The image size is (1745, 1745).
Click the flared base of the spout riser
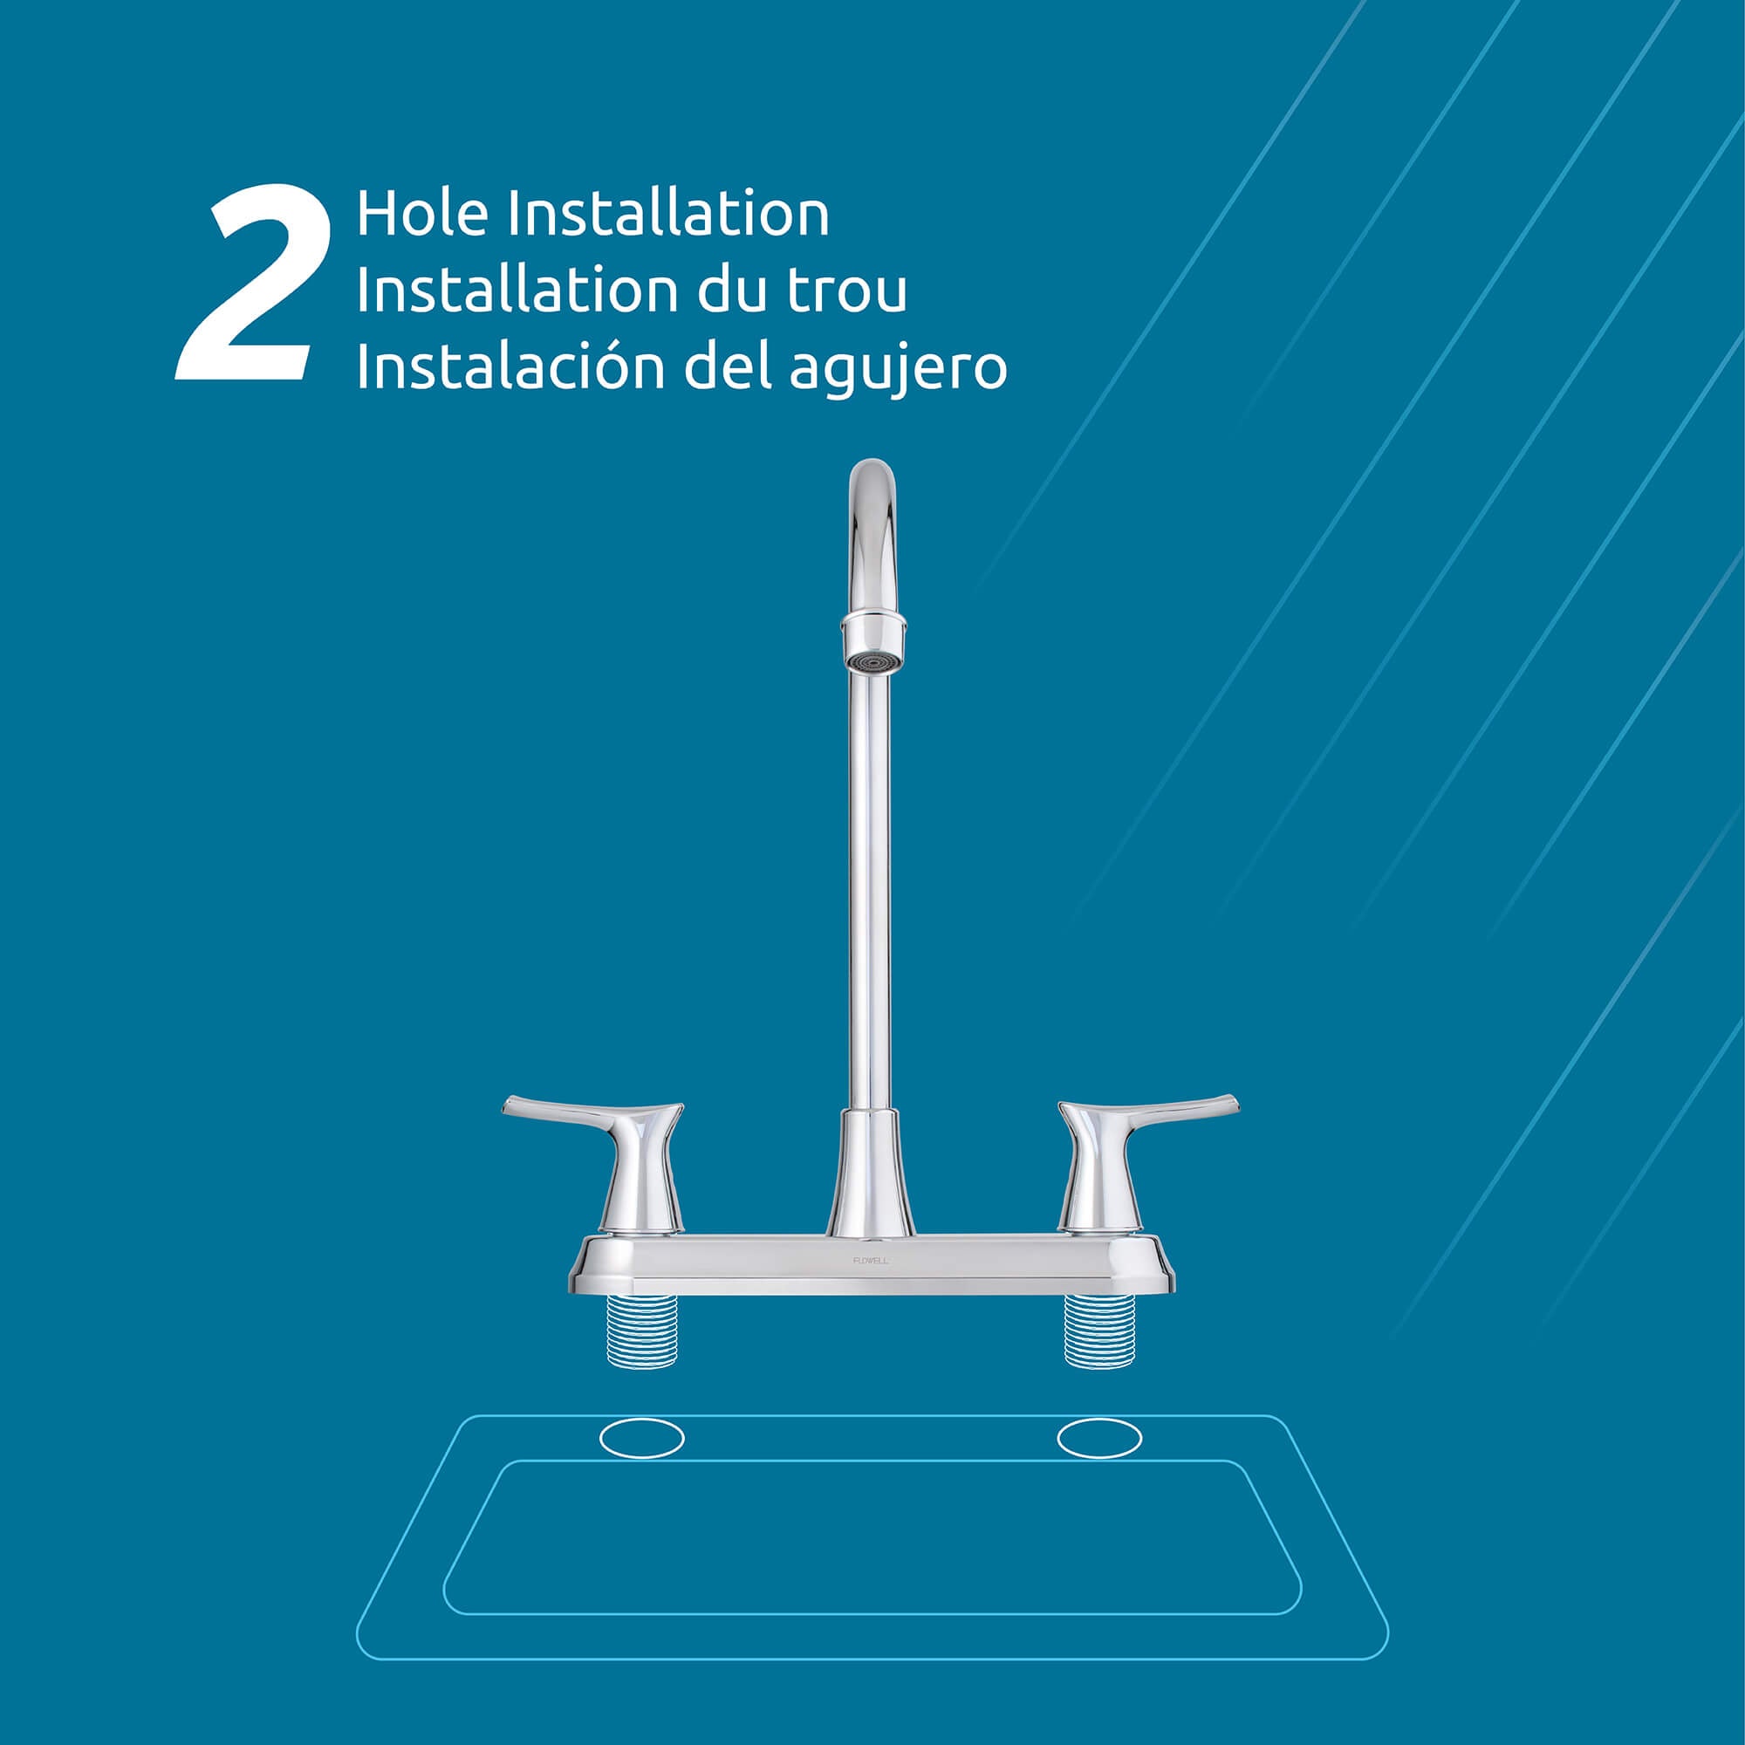tap(871, 1174)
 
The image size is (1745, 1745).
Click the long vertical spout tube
tap(870, 894)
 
